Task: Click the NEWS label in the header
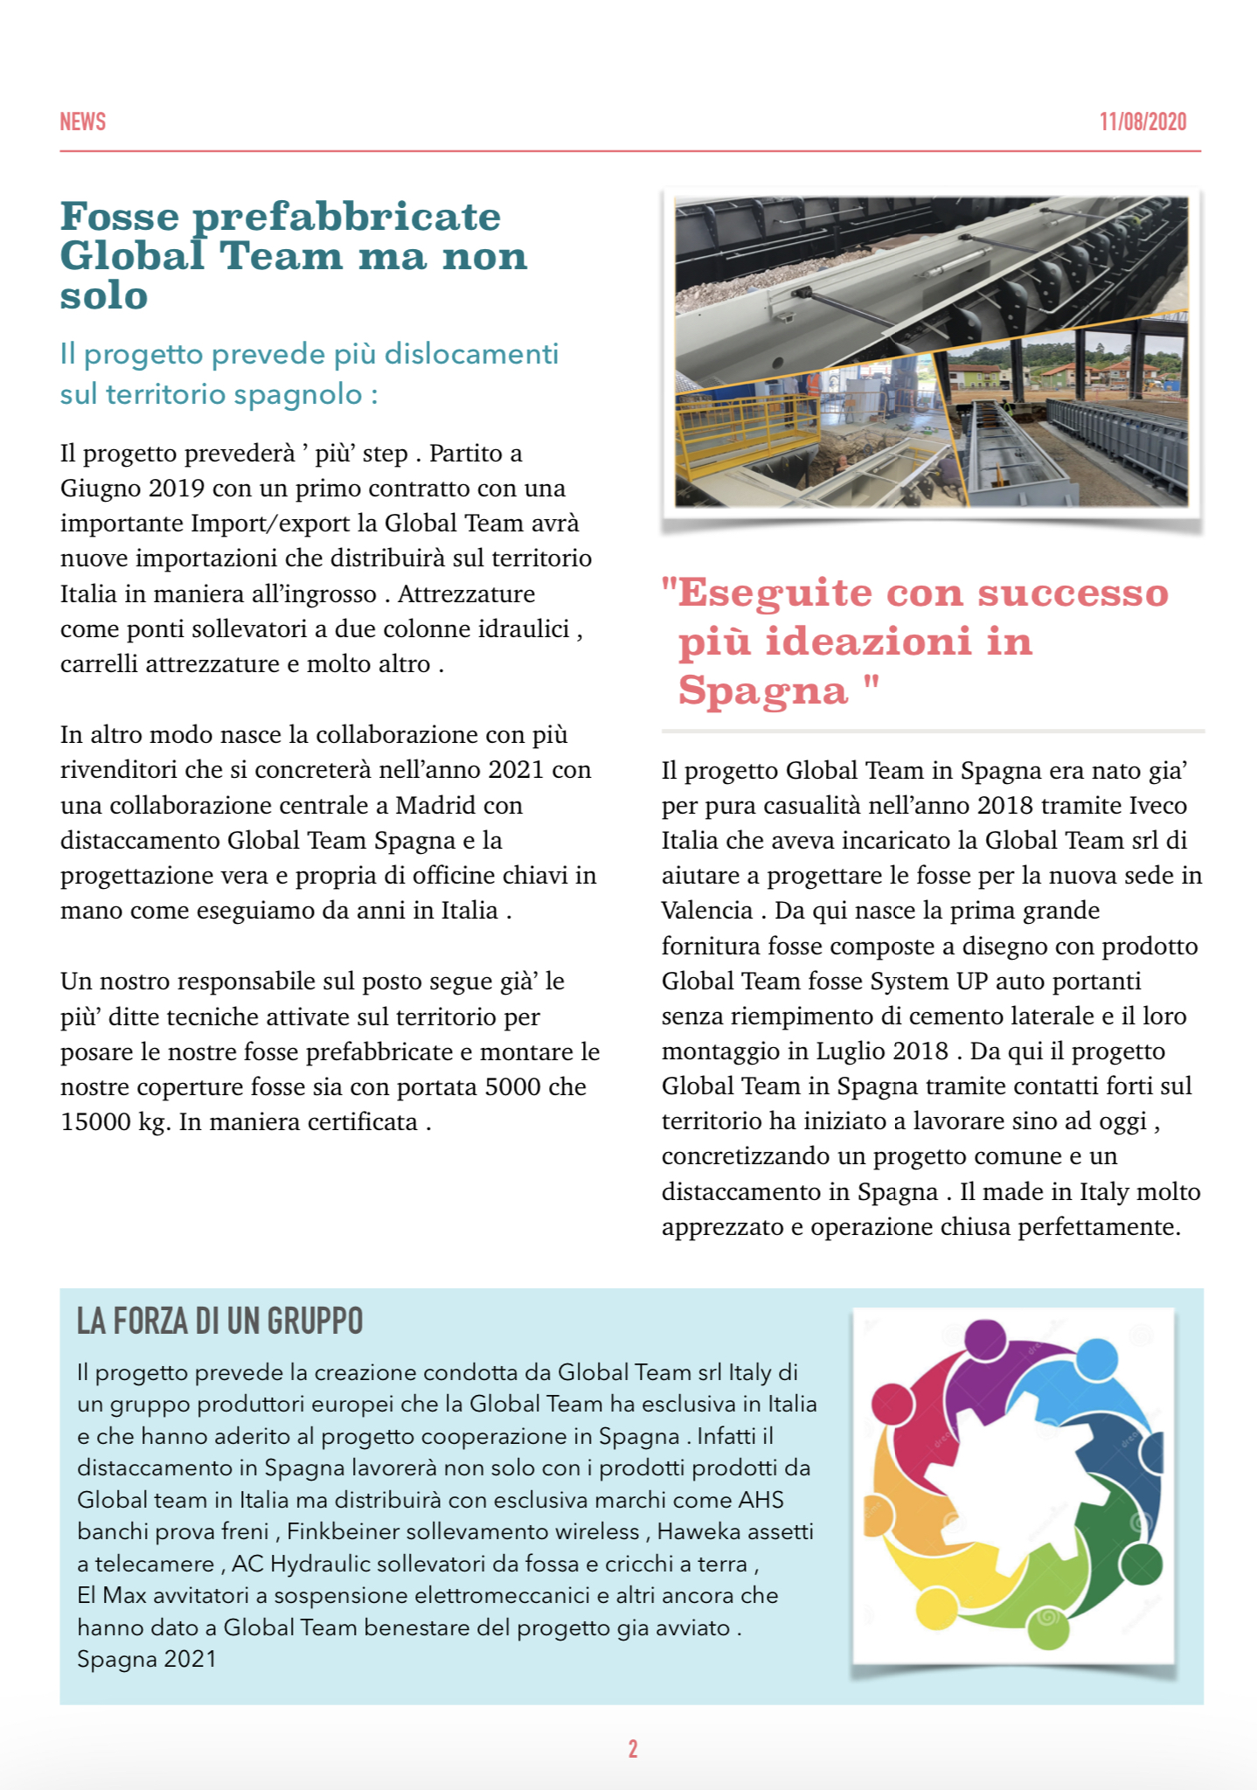point(82,121)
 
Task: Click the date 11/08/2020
point(1142,121)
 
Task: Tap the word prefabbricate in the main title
point(346,217)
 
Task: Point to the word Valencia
point(706,911)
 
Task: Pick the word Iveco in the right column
point(1157,806)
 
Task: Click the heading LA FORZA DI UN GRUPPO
point(219,1321)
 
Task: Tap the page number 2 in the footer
point(633,1749)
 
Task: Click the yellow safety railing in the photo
point(726,420)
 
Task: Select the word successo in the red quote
point(1073,593)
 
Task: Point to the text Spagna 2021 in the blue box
point(146,1659)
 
